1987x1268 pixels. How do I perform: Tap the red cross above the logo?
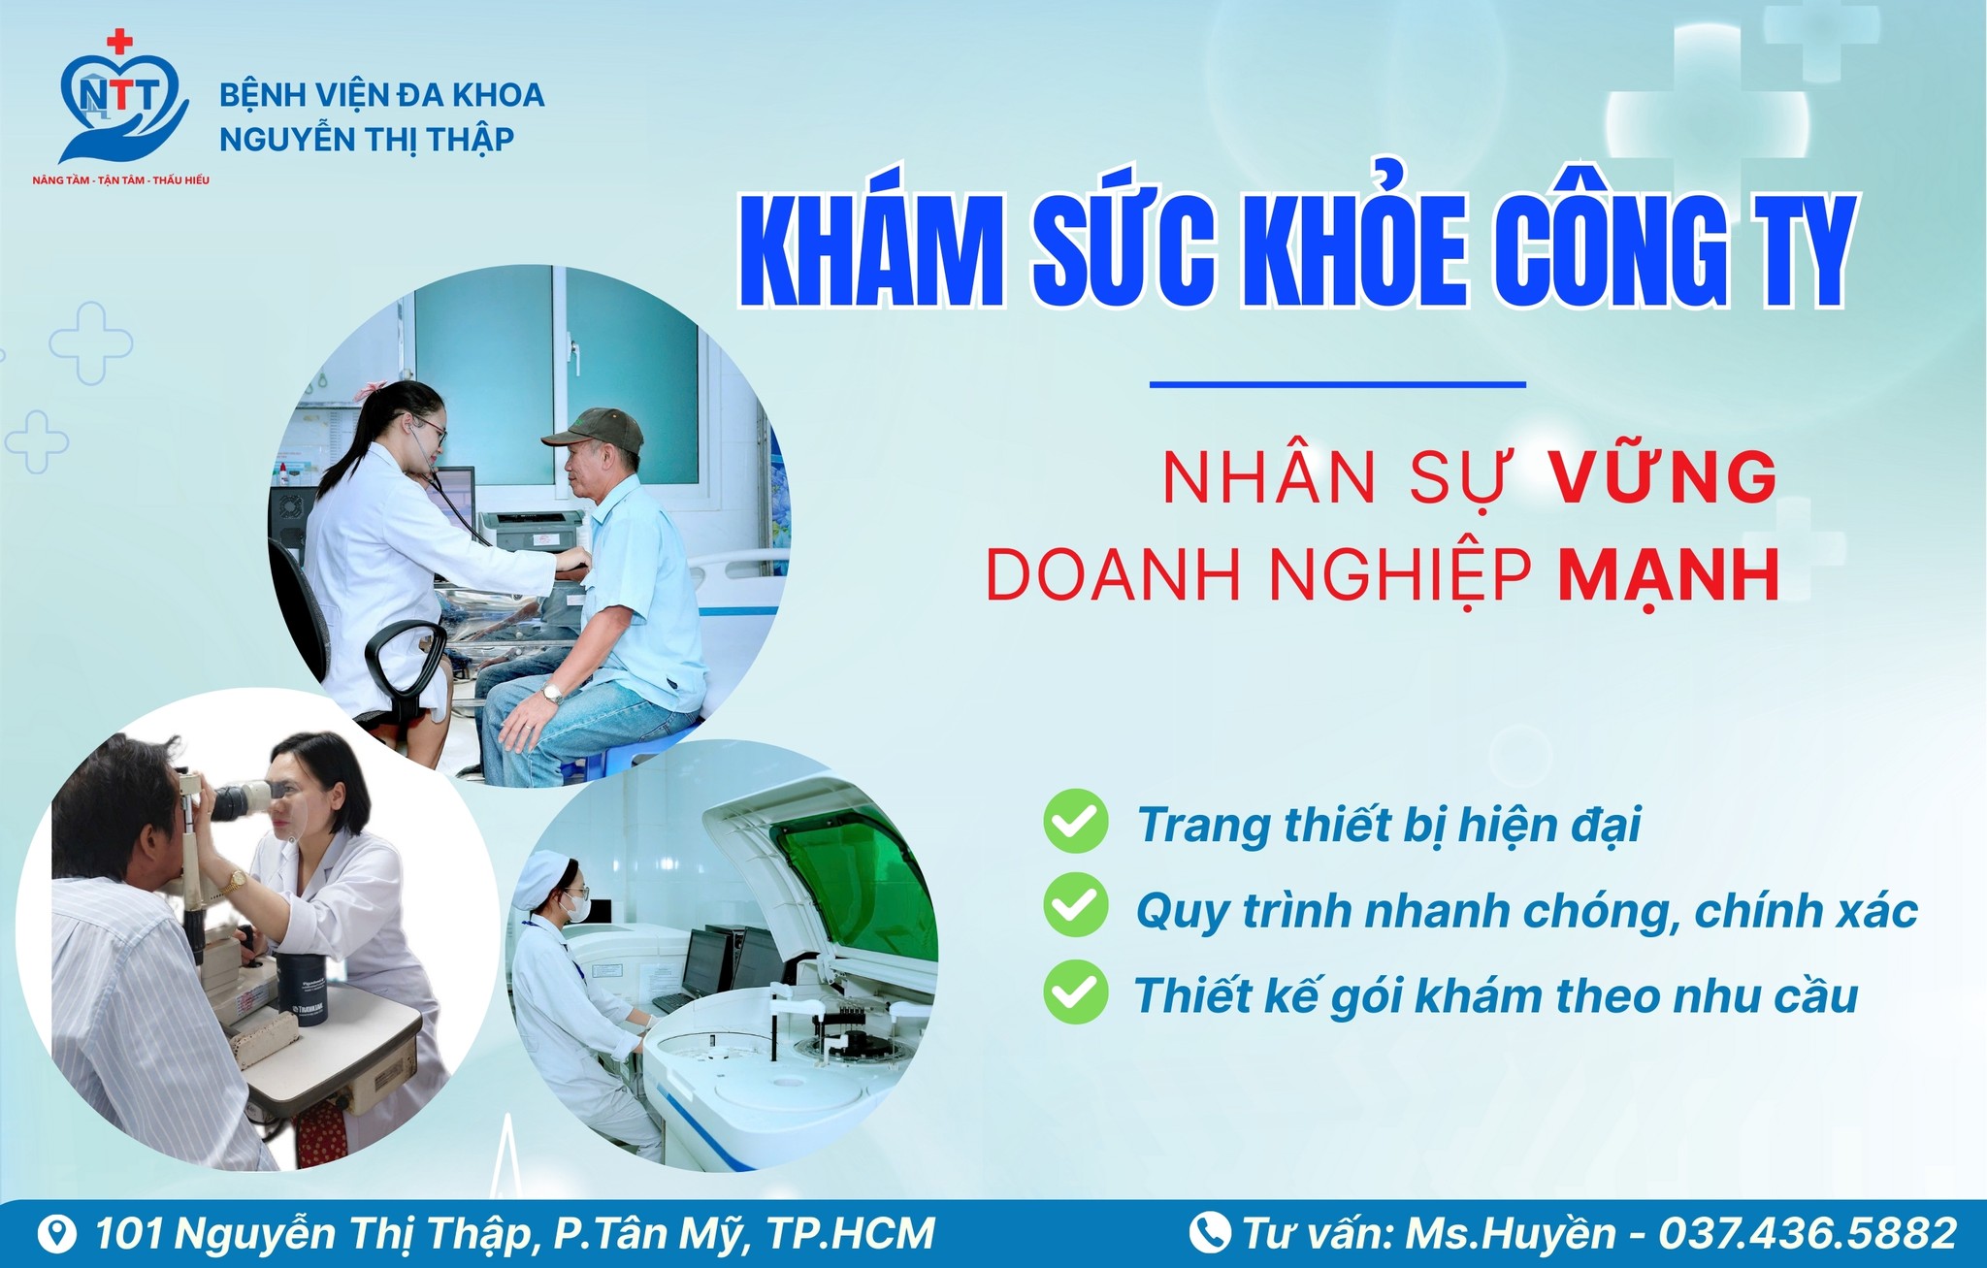[x=119, y=42]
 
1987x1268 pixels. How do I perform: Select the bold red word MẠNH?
[x=1669, y=575]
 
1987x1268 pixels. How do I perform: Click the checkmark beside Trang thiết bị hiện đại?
[x=1075, y=822]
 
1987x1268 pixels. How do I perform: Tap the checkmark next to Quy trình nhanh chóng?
[x=1075, y=906]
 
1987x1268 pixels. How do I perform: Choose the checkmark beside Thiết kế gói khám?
[x=1075, y=992]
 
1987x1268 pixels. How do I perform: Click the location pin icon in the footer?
[x=59, y=1234]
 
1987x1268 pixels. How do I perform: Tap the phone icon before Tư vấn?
[x=1210, y=1233]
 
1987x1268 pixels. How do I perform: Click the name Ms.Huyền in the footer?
[x=1512, y=1233]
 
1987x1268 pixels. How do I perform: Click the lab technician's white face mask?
[x=577, y=907]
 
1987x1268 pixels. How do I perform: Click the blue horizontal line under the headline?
[x=1338, y=384]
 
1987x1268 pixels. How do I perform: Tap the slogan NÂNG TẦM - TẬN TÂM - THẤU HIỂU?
[x=121, y=180]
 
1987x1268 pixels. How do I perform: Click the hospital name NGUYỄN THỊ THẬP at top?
[x=367, y=140]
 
